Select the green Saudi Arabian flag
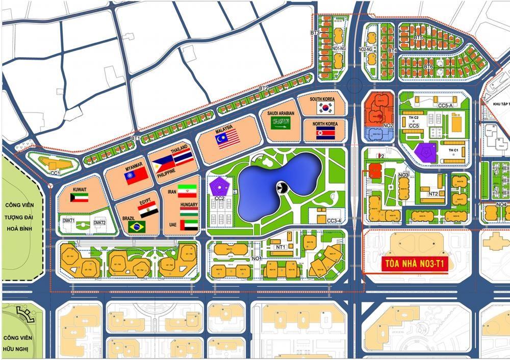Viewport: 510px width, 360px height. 279,122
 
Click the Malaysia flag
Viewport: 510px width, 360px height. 227,138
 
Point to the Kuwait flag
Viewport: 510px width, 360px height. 80,197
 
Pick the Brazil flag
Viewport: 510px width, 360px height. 137,226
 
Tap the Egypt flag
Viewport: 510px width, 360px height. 148,210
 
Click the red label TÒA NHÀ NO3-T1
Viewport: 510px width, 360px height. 414,265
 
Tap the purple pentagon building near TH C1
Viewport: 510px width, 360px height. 424,152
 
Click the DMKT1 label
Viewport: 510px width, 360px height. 69,220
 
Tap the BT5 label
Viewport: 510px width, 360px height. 418,38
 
